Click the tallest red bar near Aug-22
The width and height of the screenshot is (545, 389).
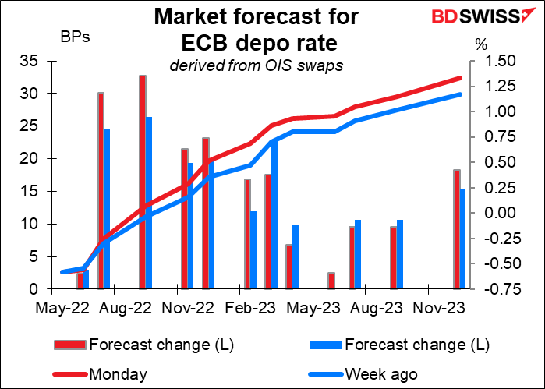click(x=143, y=182)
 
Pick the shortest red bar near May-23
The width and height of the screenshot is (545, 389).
click(x=331, y=281)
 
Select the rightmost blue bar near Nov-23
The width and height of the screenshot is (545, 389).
click(x=463, y=239)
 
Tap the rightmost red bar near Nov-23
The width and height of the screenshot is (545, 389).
click(x=457, y=229)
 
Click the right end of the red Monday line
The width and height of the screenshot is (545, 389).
click(x=461, y=78)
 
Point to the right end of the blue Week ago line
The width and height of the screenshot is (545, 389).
click(x=461, y=94)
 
